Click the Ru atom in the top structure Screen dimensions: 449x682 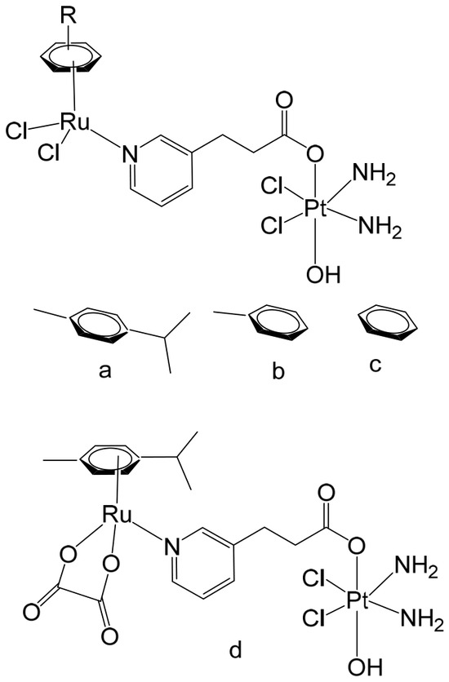[x=74, y=122]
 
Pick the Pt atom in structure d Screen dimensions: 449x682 [x=358, y=600]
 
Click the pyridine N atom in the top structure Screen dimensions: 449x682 [x=130, y=154]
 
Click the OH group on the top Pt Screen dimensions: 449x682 [x=322, y=274]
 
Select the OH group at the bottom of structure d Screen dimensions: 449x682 [x=365, y=666]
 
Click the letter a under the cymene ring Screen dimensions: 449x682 [x=104, y=370]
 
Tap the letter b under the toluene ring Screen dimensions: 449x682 [x=278, y=370]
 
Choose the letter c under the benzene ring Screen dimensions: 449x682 [x=375, y=365]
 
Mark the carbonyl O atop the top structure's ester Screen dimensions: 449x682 [x=284, y=101]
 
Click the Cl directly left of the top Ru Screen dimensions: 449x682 [x=17, y=131]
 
